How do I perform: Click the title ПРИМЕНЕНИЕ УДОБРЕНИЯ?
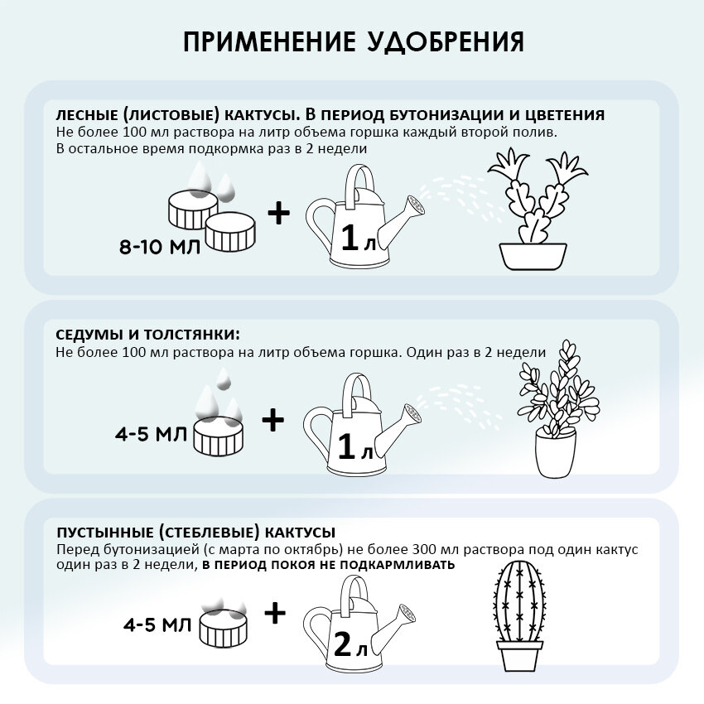point(352,42)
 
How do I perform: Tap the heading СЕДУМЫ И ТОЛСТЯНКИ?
point(147,335)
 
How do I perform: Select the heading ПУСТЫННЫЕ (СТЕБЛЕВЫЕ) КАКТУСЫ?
point(195,532)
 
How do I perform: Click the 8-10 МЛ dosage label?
point(159,246)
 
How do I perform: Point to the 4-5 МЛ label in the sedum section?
point(152,433)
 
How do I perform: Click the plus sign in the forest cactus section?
point(279,215)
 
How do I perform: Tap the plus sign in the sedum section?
point(273,421)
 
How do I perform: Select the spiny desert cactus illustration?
point(519,600)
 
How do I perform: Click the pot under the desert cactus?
point(519,655)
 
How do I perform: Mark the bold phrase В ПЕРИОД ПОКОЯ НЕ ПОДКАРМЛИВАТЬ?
point(329,565)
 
